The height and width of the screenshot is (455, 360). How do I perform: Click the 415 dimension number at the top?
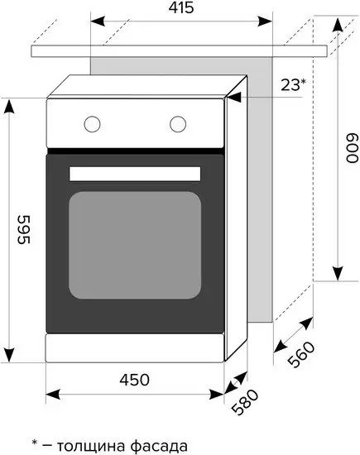point(180,9)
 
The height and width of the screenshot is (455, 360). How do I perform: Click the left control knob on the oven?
point(93,124)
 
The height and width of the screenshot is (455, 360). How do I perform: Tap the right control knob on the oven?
point(177,124)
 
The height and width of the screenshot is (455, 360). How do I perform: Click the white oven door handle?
point(135,173)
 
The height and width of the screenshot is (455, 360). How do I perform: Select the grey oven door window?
point(135,246)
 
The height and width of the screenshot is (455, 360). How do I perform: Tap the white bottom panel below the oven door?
point(135,347)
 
